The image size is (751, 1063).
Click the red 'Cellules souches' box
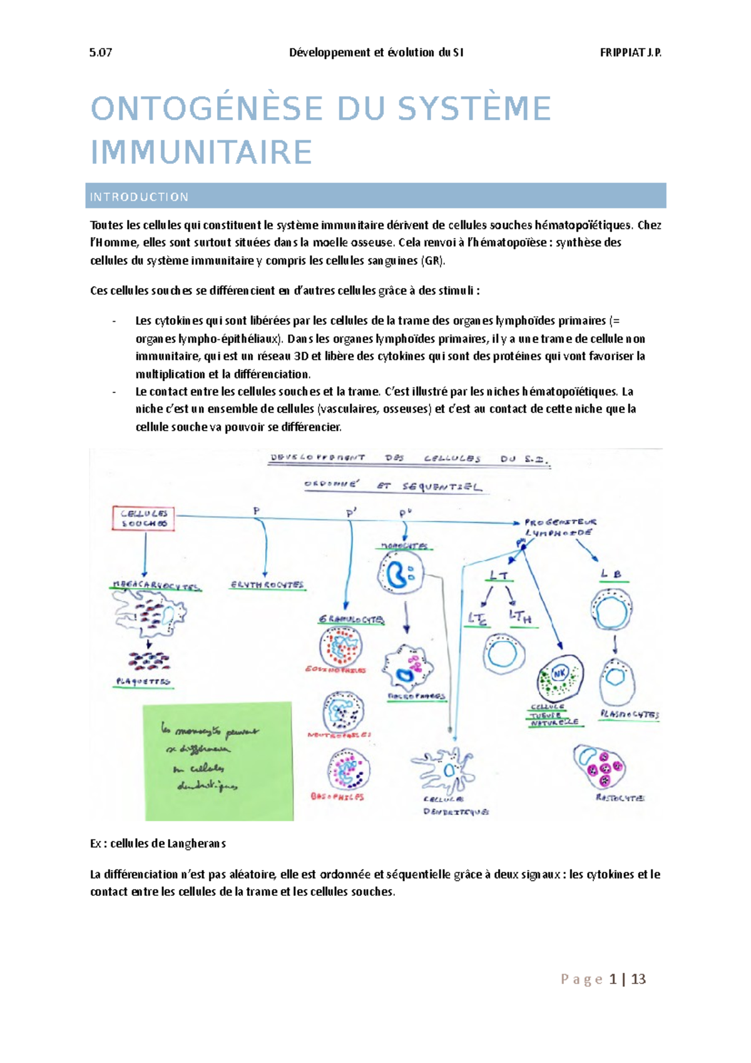[143, 518]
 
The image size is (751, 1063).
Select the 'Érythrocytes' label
[267, 585]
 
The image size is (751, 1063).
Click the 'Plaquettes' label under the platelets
[143, 681]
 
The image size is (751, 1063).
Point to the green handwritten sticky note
[218, 761]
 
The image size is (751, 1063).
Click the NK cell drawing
[560, 677]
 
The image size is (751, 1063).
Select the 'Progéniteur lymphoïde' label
[559, 526]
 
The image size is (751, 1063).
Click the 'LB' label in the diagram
[611, 573]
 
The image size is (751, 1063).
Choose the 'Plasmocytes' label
[629, 714]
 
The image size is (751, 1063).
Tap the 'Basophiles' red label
[337, 797]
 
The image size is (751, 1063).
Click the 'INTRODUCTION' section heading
[139, 197]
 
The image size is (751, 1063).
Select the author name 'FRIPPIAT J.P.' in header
[630, 53]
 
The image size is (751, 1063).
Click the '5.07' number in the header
[101, 53]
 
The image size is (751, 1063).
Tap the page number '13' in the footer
[638, 979]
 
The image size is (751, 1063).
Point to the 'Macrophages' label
[416, 696]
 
